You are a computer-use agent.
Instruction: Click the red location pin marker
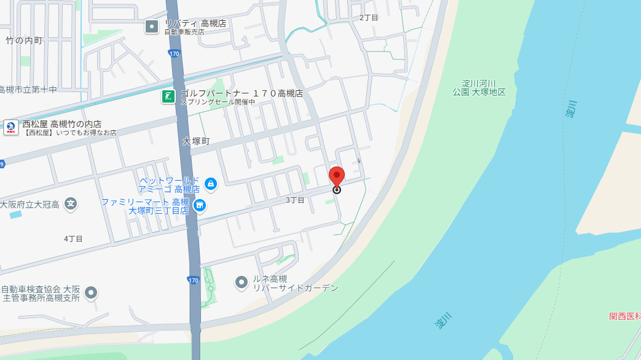(336, 176)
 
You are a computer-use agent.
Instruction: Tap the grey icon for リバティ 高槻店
(152, 26)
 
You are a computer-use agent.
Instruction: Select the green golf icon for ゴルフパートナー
(168, 96)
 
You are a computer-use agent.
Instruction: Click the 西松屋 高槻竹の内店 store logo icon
(11, 127)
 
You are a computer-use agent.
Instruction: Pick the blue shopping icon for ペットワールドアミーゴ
(211, 183)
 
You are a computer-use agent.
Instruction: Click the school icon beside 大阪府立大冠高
(71, 203)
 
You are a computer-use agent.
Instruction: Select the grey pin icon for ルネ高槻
(242, 282)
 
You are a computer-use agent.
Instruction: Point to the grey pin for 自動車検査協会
(92, 293)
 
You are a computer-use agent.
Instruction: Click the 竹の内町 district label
(24, 41)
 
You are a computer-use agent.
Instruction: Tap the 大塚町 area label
(196, 141)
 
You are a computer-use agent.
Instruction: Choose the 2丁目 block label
(369, 18)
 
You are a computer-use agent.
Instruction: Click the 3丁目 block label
(295, 200)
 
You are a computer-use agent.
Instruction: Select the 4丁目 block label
(73, 238)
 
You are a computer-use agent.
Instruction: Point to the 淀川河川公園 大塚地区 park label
(483, 87)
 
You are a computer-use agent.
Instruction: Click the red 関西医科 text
(624, 316)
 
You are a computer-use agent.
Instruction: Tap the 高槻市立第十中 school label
(28, 90)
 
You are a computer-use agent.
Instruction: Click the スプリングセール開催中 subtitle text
(217, 102)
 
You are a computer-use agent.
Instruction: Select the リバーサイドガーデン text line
(296, 288)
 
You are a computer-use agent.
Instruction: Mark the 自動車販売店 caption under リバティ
(184, 32)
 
